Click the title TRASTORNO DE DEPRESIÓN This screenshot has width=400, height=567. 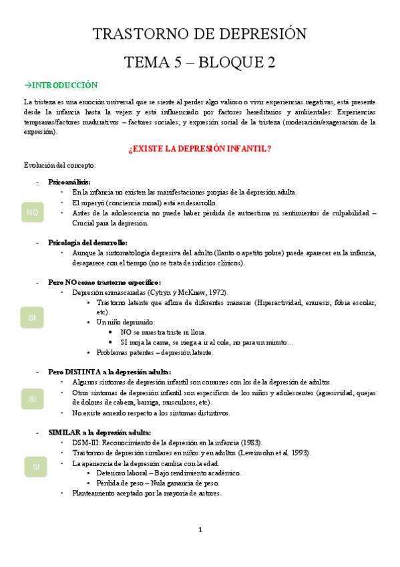[x=200, y=34]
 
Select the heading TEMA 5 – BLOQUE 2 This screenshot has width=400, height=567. [x=200, y=62]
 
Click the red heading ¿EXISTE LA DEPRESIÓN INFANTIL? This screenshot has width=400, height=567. [x=200, y=148]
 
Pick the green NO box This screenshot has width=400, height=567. [x=32, y=213]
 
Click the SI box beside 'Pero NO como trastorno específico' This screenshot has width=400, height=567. [x=32, y=317]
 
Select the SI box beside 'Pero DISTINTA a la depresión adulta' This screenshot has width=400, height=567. [x=32, y=399]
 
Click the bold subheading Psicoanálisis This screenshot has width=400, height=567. [x=69, y=182]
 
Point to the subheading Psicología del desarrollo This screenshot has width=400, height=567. [x=87, y=243]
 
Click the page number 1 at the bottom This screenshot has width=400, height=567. [x=200, y=530]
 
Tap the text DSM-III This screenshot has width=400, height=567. [x=87, y=443]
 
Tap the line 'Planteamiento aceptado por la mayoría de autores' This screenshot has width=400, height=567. [x=147, y=493]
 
